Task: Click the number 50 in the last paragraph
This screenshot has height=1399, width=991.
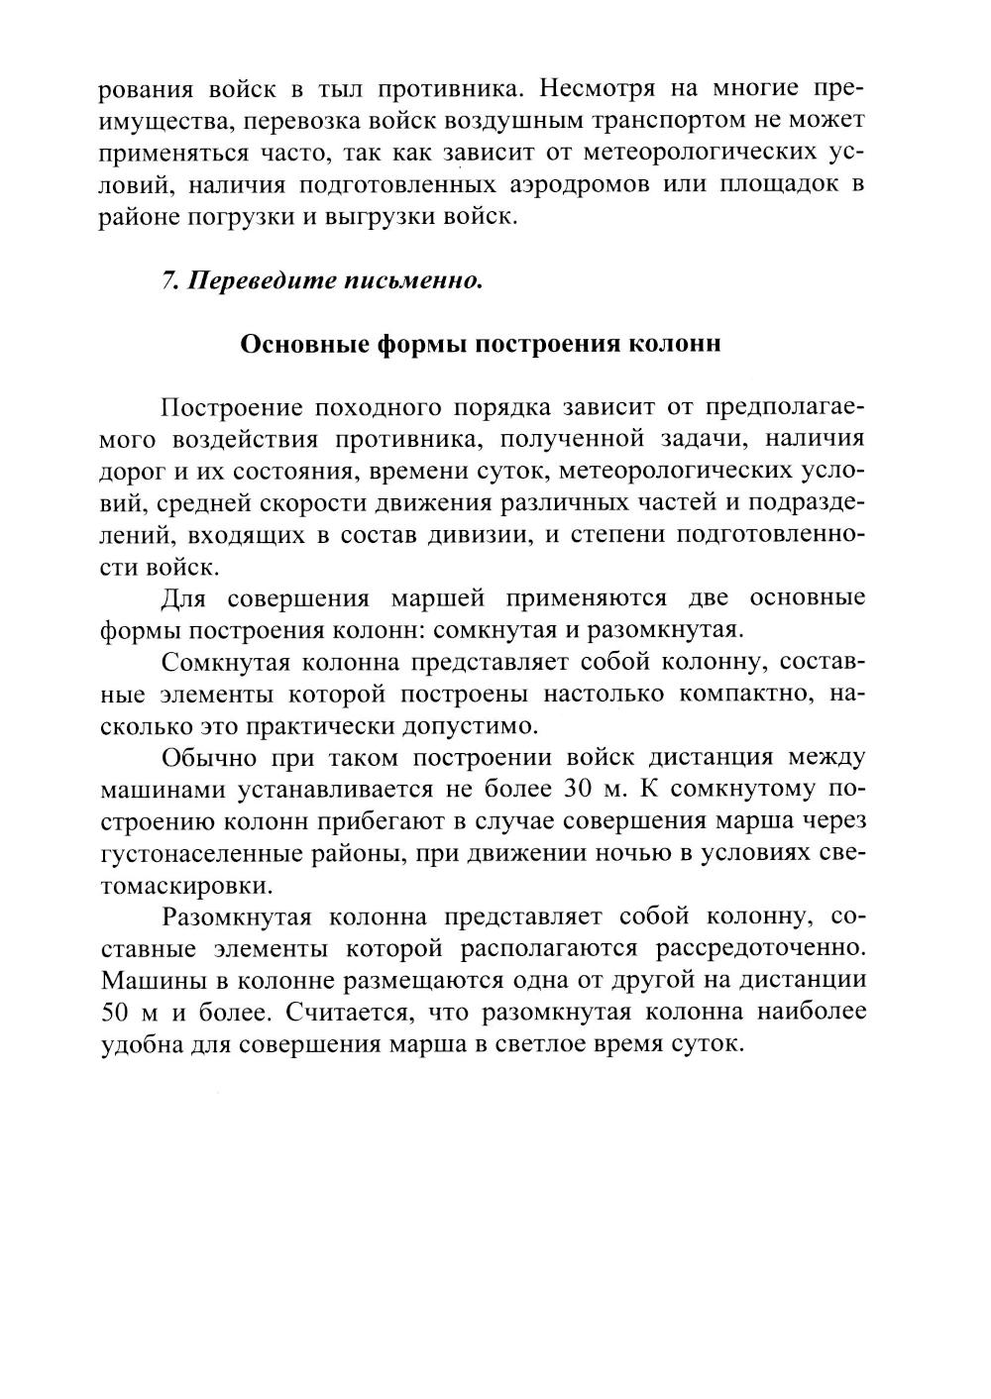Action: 117,1013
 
